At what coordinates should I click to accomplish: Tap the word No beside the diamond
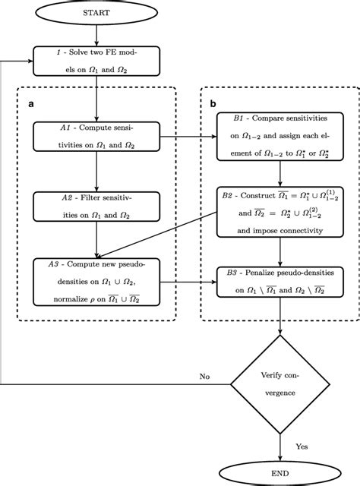[204, 375]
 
